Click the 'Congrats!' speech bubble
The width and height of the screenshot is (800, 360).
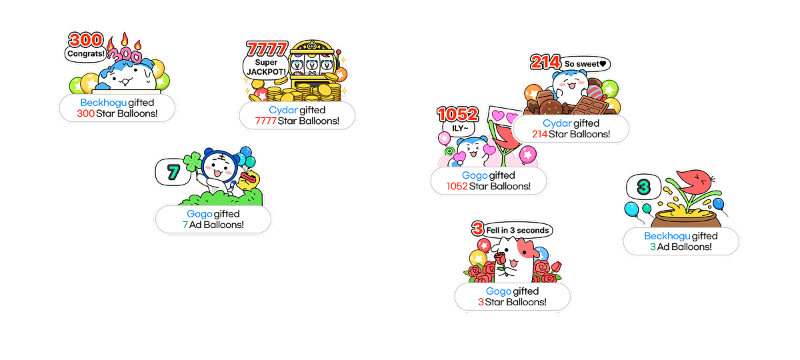click(x=86, y=53)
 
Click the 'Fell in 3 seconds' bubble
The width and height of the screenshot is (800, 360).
click(x=518, y=230)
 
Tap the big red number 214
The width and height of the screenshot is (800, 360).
click(x=545, y=63)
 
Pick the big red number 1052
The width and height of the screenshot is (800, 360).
click(x=458, y=113)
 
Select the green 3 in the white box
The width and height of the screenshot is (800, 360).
click(x=643, y=187)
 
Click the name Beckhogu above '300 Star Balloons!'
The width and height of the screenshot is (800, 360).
click(x=103, y=103)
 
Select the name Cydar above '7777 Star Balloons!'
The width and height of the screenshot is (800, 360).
click(x=283, y=110)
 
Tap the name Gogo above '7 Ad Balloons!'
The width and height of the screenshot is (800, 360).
click(x=199, y=214)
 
